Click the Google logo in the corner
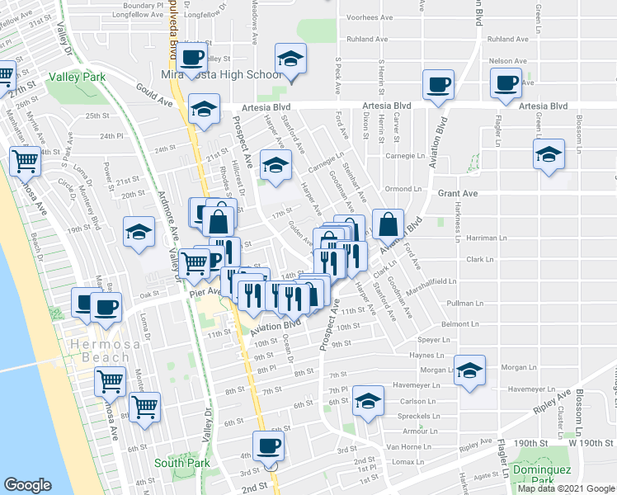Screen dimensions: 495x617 28,484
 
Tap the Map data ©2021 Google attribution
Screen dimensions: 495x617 566,488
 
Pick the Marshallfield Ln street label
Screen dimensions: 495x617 448,281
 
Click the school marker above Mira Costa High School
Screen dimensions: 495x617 290,59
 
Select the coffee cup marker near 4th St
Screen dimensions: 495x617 266,447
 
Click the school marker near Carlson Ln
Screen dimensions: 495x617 367,402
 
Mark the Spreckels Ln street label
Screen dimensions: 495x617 420,417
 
